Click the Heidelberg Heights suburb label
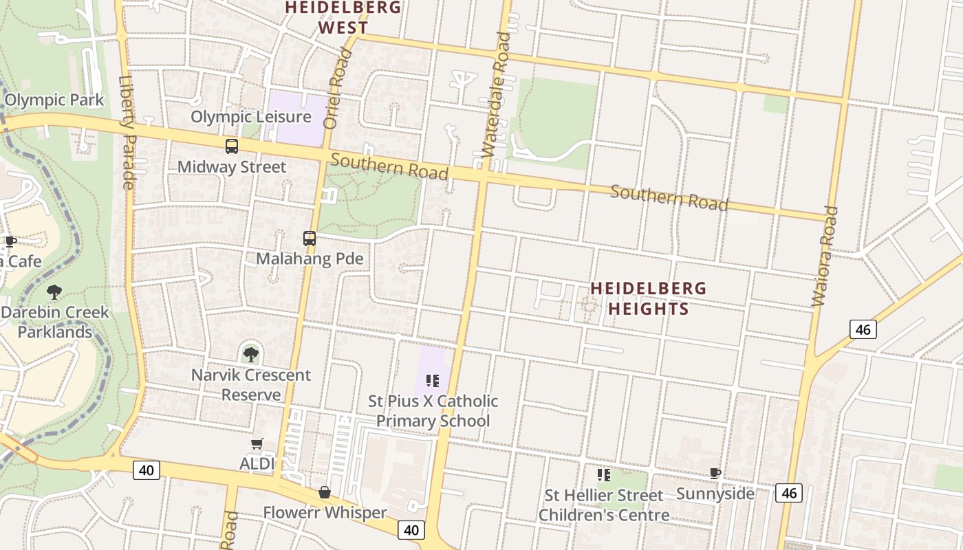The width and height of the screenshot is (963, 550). [x=648, y=298]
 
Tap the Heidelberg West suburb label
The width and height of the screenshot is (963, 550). [x=343, y=17]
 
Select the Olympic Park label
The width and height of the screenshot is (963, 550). [x=54, y=100]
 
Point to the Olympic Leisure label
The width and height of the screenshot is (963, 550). [x=250, y=117]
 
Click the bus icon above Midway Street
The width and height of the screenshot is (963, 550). [x=232, y=146]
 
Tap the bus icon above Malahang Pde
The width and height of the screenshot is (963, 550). [x=310, y=239]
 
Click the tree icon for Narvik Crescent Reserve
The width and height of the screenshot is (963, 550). [x=251, y=355]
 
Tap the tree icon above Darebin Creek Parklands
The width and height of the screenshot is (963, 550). [x=54, y=292]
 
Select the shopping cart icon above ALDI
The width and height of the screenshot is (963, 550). [x=257, y=444]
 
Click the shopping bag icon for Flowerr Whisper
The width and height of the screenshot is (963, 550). [x=325, y=492]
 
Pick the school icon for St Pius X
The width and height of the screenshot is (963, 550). [x=433, y=380]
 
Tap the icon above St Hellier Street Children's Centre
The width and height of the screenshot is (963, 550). [x=604, y=474]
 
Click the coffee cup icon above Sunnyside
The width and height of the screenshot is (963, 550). [x=715, y=473]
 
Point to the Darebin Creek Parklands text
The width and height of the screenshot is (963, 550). [x=55, y=322]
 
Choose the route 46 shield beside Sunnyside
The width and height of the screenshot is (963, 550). [x=788, y=492]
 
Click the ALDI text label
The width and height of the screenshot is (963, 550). [x=257, y=464]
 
